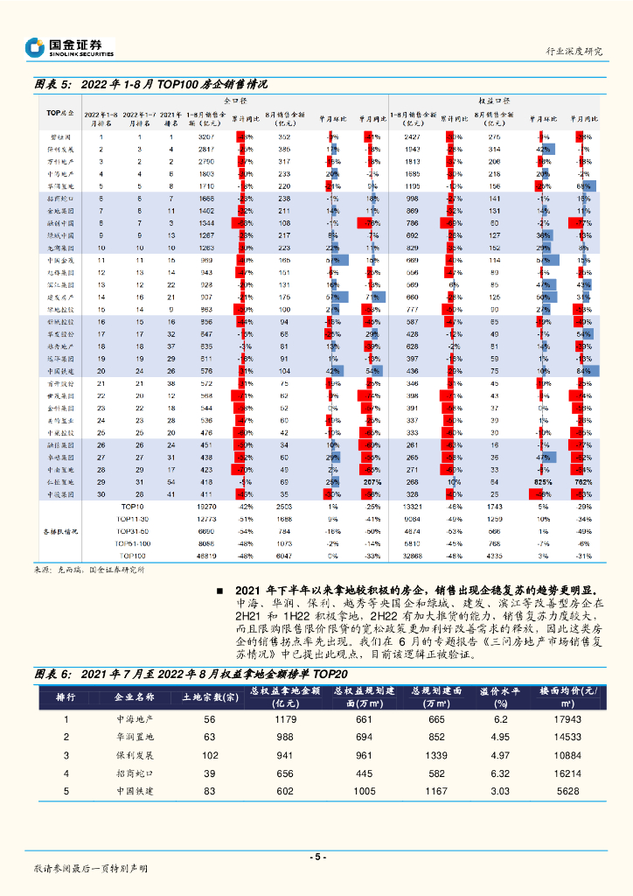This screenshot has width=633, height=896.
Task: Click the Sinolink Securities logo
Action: (x=69, y=47)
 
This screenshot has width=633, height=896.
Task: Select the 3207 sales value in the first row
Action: (x=206, y=137)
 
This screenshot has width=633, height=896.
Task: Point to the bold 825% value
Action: (x=543, y=482)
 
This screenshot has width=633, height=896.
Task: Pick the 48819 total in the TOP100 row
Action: (x=206, y=555)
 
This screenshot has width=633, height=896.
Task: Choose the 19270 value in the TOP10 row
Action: (x=206, y=506)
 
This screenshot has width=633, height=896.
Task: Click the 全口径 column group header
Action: (x=237, y=101)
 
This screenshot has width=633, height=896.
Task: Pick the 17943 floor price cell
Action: (x=567, y=719)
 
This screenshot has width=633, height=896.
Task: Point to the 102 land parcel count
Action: (x=209, y=754)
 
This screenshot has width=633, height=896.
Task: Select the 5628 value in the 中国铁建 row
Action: (x=567, y=791)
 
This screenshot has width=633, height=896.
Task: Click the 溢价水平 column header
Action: (x=500, y=696)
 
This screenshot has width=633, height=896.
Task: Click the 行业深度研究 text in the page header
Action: (x=574, y=51)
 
